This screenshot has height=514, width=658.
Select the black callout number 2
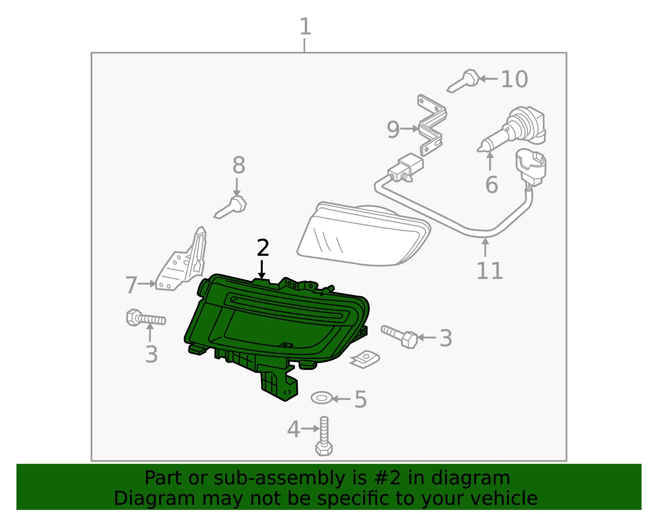262,248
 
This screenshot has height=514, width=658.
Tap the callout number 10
514,79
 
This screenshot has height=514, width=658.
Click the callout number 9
393,130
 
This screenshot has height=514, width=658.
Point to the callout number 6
491,184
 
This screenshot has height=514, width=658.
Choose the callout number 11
490,270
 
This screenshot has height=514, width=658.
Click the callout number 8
239,165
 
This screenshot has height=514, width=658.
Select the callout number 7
132,285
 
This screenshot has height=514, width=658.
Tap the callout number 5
360,399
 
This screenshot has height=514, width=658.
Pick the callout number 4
293,429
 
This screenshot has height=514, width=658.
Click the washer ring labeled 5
322,398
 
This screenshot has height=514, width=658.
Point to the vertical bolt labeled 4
324,436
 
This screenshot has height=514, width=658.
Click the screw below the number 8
230,207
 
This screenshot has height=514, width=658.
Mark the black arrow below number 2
262,269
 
